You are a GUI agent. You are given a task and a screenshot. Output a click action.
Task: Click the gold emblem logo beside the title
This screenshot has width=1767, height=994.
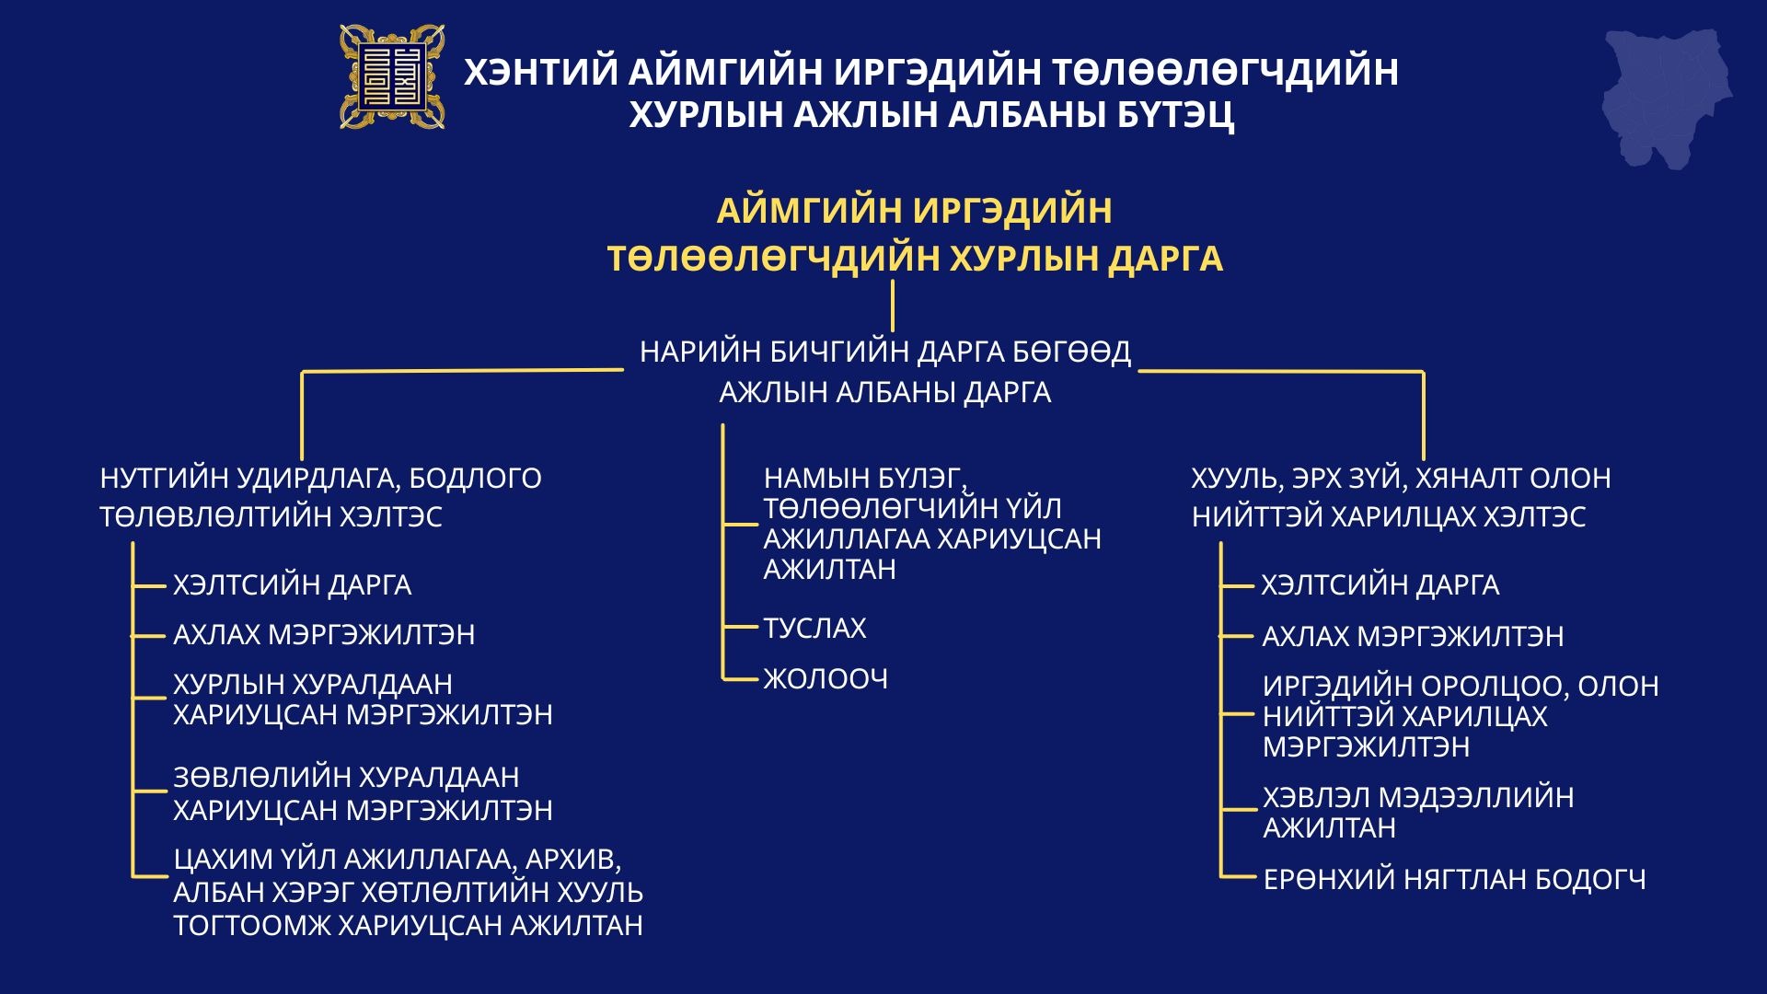tap(392, 76)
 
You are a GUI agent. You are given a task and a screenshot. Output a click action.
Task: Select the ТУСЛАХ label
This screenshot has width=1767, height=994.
tap(814, 628)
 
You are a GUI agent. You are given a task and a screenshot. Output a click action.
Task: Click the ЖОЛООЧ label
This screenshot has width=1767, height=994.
tap(826, 679)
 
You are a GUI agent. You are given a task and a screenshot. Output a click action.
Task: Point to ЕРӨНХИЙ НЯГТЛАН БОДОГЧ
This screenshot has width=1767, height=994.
tap(1454, 880)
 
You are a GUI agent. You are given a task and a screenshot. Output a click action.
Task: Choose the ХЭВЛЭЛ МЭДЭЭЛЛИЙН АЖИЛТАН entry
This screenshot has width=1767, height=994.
tap(1417, 812)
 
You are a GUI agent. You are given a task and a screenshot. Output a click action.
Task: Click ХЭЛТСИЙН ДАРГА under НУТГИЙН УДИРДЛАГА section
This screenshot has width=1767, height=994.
tap(292, 584)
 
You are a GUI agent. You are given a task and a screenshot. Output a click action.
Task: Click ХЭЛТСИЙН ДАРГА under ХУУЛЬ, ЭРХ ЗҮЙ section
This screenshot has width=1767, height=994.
tap(1380, 584)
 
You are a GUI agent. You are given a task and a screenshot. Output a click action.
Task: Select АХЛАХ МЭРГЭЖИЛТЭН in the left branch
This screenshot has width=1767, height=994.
tap(324, 635)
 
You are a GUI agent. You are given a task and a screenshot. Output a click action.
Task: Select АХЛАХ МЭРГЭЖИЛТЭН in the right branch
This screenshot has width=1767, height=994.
tap(1413, 636)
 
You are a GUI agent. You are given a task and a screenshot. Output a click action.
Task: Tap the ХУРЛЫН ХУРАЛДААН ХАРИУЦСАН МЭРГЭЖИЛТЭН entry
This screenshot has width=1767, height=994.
tap(363, 699)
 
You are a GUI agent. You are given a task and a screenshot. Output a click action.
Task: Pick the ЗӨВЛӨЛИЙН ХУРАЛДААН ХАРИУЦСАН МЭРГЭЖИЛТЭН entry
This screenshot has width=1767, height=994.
tap(363, 793)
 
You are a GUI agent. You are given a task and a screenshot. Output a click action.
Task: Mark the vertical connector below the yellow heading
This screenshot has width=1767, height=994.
tap(893, 306)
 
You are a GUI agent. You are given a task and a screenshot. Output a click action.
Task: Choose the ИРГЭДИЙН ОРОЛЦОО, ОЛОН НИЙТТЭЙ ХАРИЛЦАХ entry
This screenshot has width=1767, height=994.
tap(1461, 716)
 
